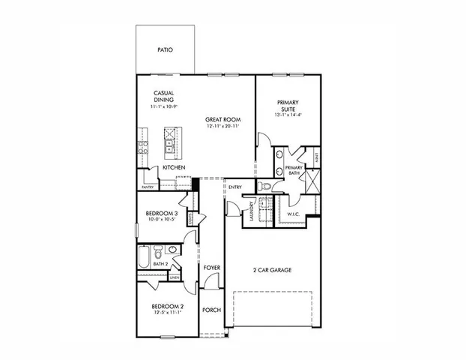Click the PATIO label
(x=165, y=50)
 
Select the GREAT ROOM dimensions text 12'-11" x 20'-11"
(x=223, y=126)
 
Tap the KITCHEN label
(x=174, y=167)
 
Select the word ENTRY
(x=234, y=187)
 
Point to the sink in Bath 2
(x=172, y=250)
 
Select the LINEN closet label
(x=174, y=277)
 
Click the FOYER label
(x=211, y=268)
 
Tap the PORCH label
(x=211, y=310)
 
